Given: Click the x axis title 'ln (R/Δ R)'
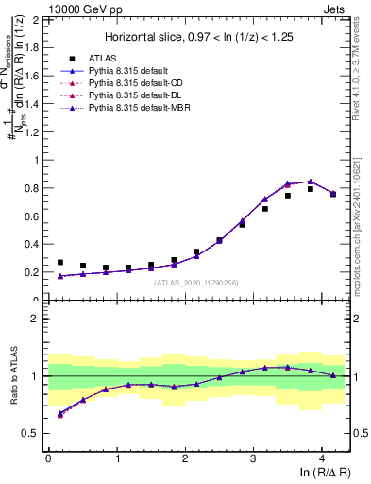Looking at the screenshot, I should pos(324,473).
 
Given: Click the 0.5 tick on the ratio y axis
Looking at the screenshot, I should pos(32,433).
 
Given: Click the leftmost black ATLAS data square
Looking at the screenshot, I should pos(60,263).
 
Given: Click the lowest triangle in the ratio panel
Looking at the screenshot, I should pos(60,414).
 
